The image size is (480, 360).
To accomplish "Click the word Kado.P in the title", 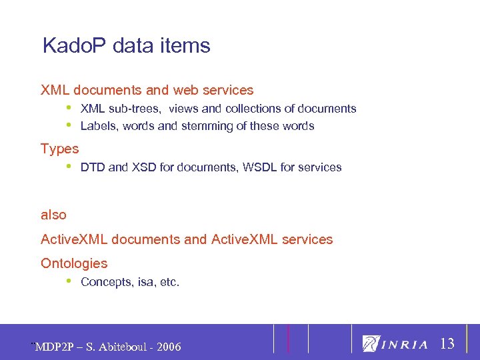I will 75,46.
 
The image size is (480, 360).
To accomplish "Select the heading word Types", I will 60,149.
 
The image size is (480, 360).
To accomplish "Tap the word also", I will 54,215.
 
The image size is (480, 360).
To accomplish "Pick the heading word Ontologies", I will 74,263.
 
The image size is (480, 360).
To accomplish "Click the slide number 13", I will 447,344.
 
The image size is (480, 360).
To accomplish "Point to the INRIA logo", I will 396,344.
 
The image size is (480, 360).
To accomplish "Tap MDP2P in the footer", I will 55,347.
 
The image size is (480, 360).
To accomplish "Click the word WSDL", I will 259,167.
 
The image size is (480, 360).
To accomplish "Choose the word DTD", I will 93,167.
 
